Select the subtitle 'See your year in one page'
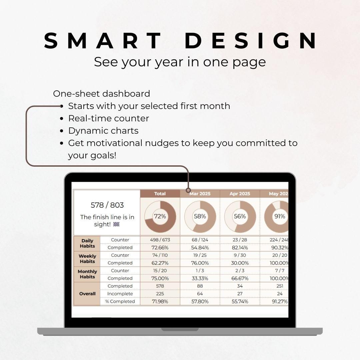tap(180, 62)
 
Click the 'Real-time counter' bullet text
tap(109, 118)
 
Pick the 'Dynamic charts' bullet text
tap(103, 131)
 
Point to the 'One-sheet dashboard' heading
tap(101, 94)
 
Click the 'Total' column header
tap(160, 194)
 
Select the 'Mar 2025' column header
tap(200, 194)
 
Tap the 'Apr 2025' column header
tap(240, 194)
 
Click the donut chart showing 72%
tap(160, 217)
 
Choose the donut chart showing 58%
tap(200, 217)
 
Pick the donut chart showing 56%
tap(240, 217)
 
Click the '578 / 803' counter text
tap(107, 205)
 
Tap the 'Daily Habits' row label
tap(87, 243)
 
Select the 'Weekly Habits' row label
tap(87, 259)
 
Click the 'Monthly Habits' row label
tap(87, 274)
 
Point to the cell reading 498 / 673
tap(160, 240)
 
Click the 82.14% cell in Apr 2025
tap(240, 247)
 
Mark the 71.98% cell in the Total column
tap(160, 301)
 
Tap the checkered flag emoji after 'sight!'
tap(116, 224)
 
